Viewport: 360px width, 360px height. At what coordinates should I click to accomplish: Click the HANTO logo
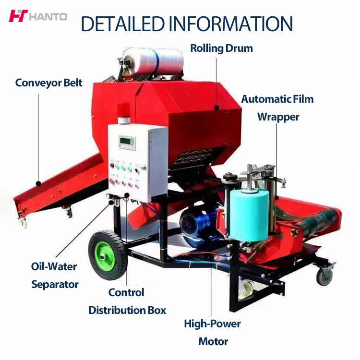coord(37,16)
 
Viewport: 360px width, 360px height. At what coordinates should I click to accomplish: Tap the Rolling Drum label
coord(221,48)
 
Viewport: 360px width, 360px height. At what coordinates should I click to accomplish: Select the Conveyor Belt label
coord(49,83)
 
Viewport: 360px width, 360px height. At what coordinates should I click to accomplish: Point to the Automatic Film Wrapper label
coord(277,108)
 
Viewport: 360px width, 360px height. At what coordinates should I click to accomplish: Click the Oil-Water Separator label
coord(54,275)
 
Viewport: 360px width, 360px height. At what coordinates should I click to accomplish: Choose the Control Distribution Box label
coord(127,301)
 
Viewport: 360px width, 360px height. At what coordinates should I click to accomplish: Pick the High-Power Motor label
coord(213,332)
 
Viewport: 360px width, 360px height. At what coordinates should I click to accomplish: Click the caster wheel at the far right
coord(324,275)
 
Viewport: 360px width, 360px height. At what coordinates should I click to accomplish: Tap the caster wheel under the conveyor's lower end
coord(22,221)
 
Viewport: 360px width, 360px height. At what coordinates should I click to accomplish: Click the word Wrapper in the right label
coord(278,117)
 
